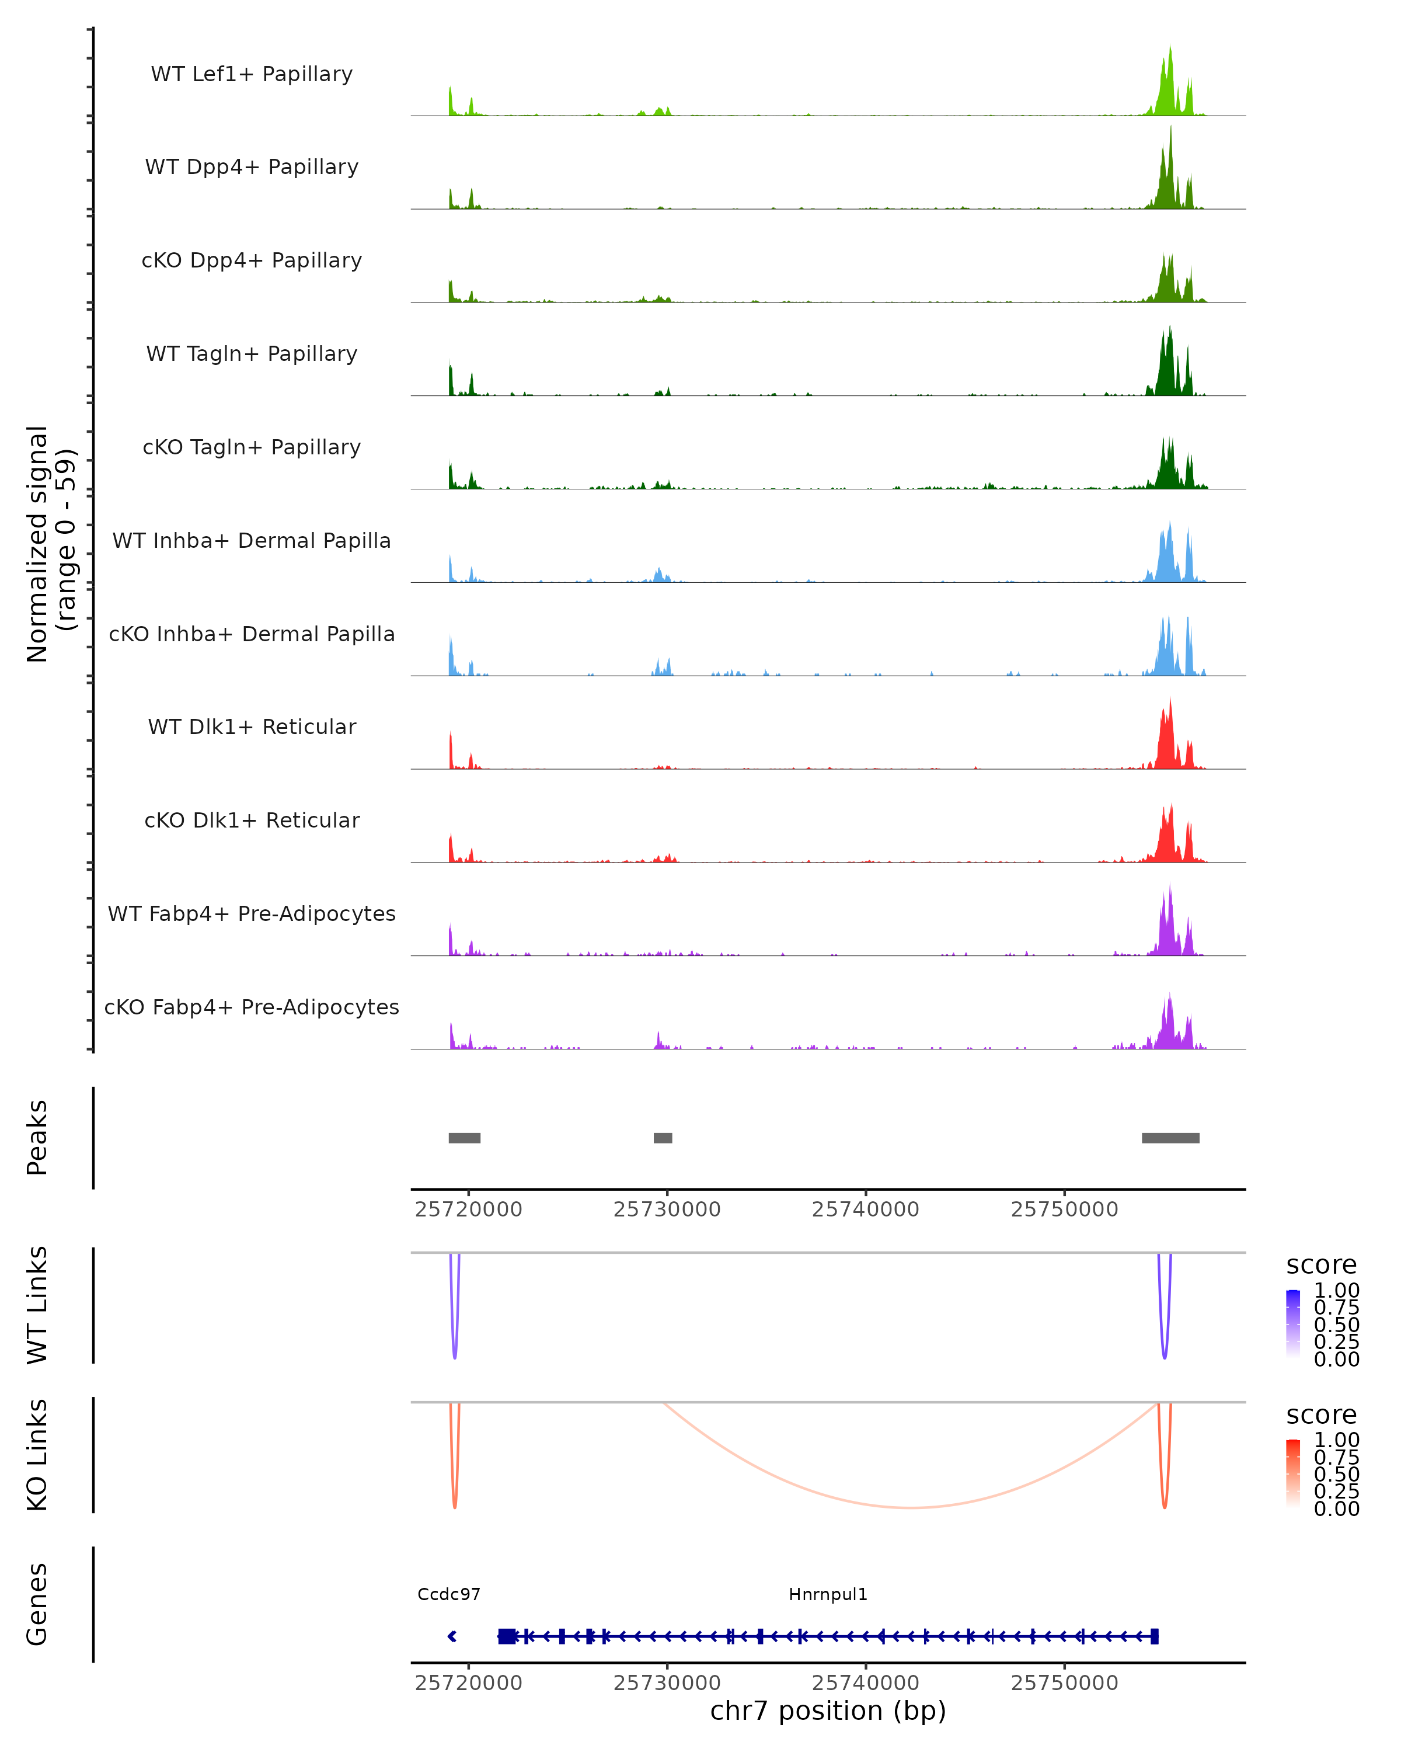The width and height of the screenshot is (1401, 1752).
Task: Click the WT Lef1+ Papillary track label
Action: (x=252, y=74)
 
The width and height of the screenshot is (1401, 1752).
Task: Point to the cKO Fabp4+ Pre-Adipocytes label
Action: (x=252, y=1007)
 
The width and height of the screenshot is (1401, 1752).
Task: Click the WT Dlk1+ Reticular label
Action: (x=252, y=727)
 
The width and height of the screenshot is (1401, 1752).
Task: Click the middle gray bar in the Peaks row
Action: (x=663, y=1138)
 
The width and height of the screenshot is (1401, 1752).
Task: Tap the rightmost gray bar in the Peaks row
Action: (x=1170, y=1138)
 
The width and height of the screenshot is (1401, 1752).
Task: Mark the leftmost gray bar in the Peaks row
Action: (x=465, y=1138)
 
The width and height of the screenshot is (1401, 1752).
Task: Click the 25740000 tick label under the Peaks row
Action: (x=866, y=1210)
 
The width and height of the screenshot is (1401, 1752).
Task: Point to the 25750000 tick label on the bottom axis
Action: (x=1064, y=1683)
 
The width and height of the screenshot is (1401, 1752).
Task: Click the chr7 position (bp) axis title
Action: (x=828, y=1711)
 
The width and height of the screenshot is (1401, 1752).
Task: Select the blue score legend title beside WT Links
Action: (x=1322, y=1266)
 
